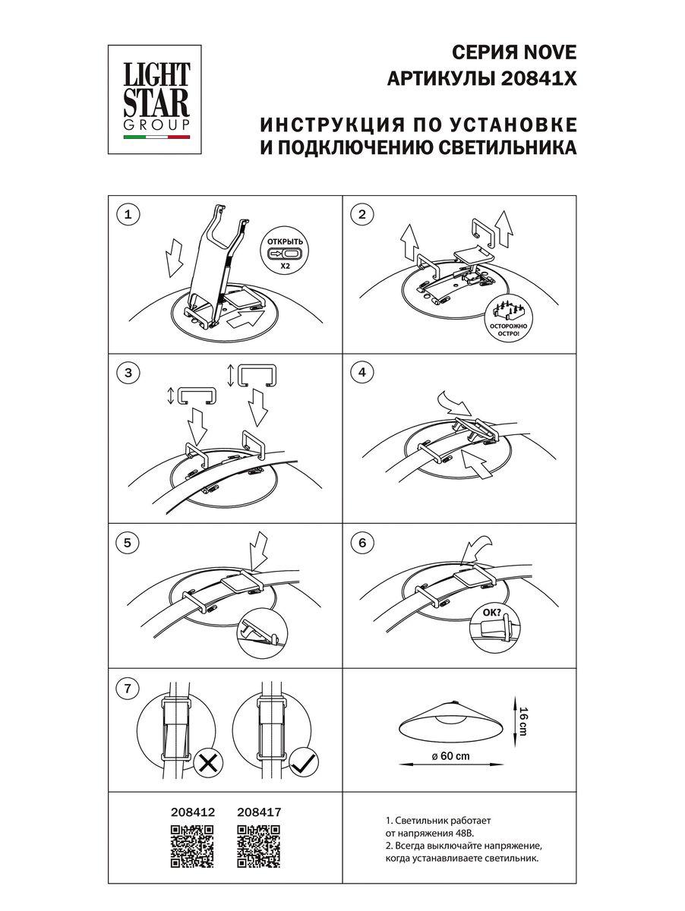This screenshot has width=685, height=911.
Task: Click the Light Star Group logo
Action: pos(157,96)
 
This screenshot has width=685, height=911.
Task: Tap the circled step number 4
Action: pos(362,372)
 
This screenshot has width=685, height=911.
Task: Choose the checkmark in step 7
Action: pos(304,762)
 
